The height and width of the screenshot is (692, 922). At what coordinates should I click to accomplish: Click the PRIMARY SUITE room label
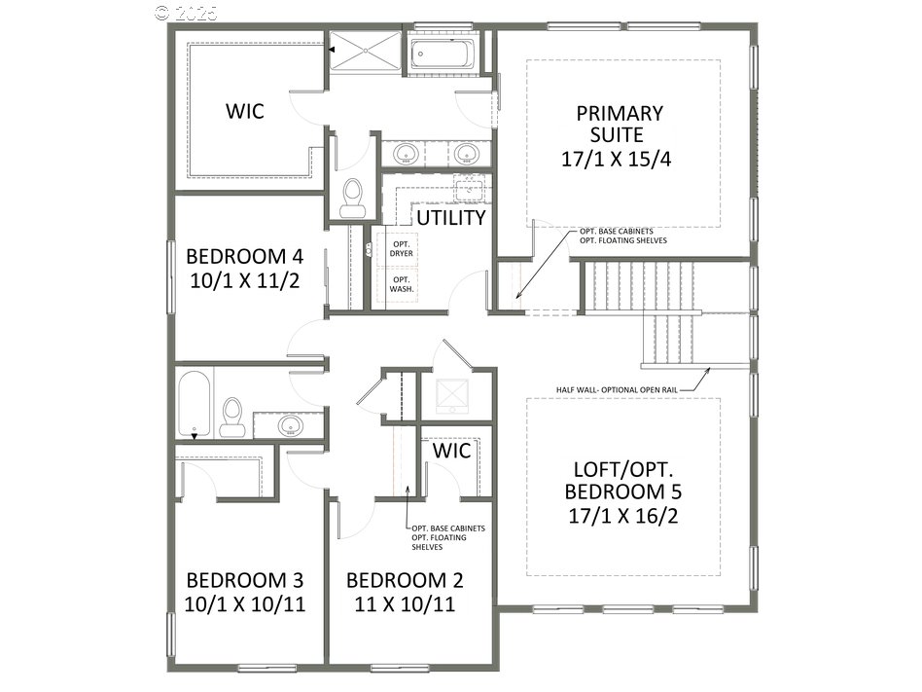click(619, 124)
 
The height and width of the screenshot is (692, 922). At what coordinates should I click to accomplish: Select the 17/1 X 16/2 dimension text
click(622, 515)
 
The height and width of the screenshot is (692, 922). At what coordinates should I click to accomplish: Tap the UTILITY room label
click(451, 217)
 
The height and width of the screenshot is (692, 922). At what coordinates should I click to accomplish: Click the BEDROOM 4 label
click(244, 257)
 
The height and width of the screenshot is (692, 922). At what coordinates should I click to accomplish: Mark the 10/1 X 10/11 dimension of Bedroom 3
click(245, 603)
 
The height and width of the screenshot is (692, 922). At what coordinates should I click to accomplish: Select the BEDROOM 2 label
click(405, 580)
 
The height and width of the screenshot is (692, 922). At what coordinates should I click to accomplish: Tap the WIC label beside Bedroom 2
click(451, 451)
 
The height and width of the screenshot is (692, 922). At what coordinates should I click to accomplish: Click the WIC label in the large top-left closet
click(245, 111)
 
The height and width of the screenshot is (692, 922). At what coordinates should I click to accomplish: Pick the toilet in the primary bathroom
click(352, 198)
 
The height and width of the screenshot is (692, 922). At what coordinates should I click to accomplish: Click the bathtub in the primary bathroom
click(442, 52)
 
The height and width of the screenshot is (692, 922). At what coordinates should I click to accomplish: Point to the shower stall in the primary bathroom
click(365, 52)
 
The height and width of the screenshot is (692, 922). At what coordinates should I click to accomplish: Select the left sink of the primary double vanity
click(406, 153)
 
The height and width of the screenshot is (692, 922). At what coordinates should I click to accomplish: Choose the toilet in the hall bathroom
click(232, 417)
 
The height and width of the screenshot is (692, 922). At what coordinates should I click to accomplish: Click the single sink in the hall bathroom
click(290, 425)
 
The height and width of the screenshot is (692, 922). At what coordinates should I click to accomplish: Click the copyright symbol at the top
click(162, 13)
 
